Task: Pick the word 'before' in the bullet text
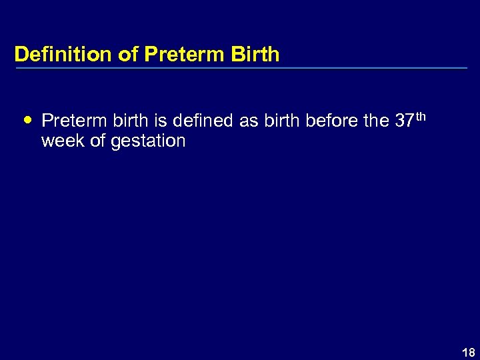pyautogui.click(x=331, y=121)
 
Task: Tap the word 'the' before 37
pyautogui.click(x=375, y=121)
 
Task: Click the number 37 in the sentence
pyautogui.click(x=404, y=121)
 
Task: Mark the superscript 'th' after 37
pyautogui.click(x=421, y=116)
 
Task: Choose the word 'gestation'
pyautogui.click(x=149, y=141)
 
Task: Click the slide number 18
pyautogui.click(x=469, y=353)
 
